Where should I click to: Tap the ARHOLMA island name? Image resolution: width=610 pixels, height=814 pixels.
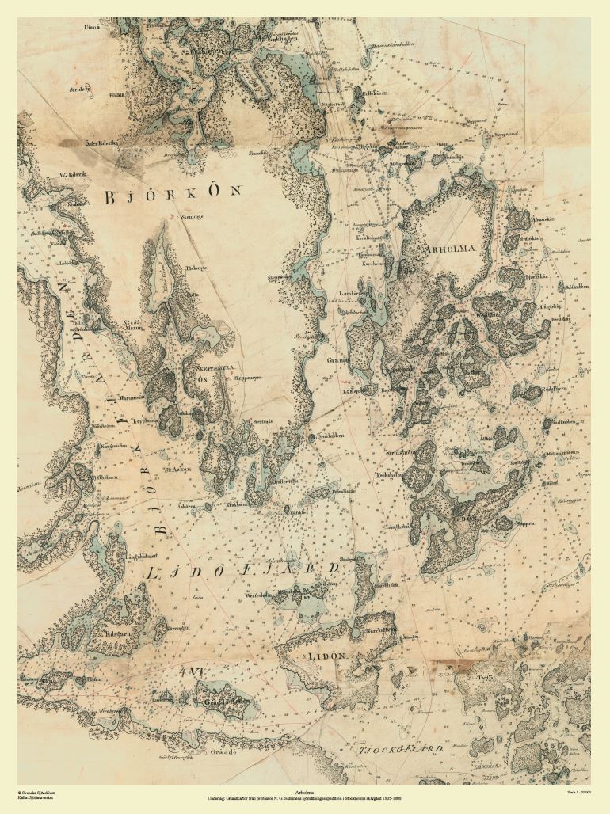point(450,249)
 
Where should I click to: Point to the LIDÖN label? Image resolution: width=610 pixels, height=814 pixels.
point(326,656)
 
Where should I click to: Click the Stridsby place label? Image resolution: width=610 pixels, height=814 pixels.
point(82,91)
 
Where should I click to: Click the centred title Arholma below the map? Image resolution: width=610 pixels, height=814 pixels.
point(305,791)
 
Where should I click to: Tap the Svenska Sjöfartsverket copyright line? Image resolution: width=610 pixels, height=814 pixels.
point(36,791)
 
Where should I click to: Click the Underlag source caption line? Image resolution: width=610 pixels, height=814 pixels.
point(305,798)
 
